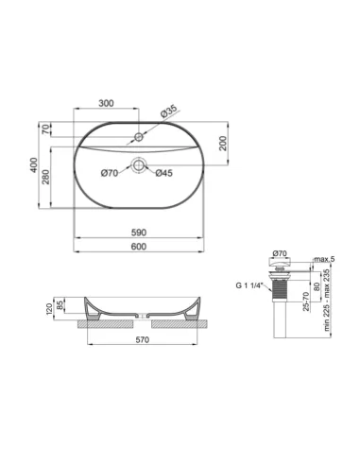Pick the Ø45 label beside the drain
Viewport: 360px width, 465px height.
163,173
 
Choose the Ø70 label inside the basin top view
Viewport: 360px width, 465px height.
109,173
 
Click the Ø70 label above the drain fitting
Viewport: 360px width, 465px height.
279,254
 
